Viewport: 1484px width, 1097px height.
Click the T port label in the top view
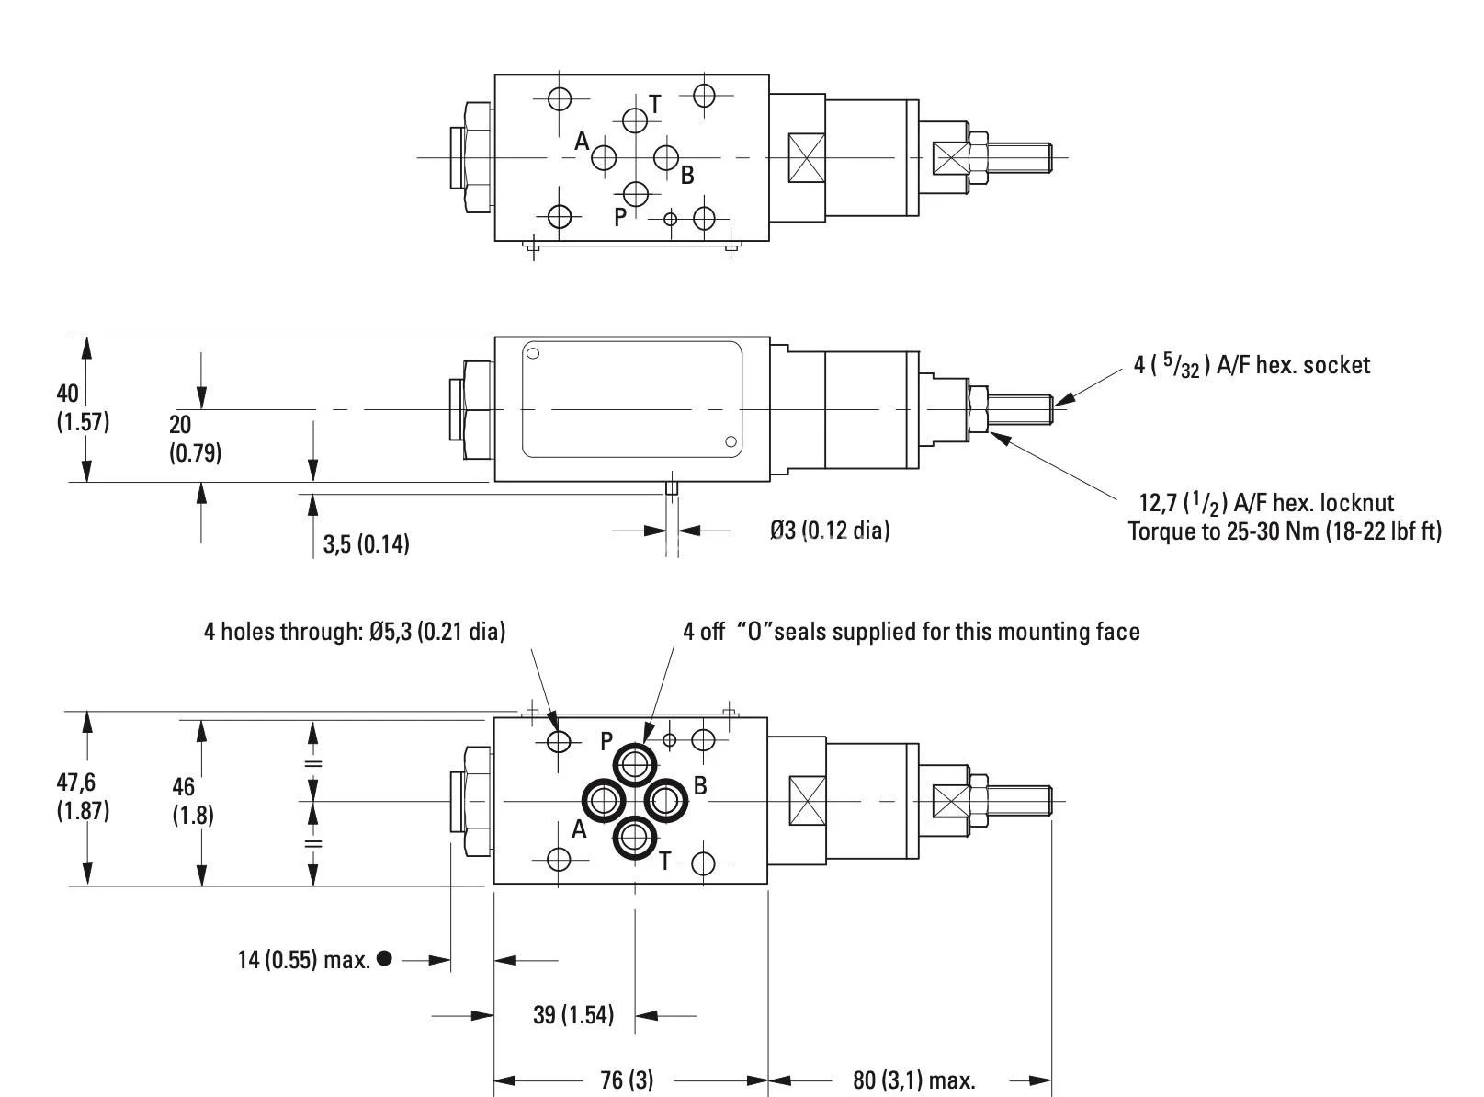coord(655,104)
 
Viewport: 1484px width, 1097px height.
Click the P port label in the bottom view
coord(606,740)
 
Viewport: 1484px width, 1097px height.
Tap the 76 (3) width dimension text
coord(627,1080)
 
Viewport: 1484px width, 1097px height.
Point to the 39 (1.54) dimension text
coord(573,1015)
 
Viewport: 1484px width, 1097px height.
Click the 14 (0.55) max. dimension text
coord(303,960)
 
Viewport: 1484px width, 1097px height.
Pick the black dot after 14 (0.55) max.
coord(384,958)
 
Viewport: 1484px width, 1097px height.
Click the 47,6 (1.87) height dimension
coord(83,796)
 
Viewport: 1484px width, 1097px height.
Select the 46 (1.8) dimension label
coord(193,800)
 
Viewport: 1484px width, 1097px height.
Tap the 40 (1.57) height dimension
coord(83,407)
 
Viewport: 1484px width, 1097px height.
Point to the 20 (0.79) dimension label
coord(195,439)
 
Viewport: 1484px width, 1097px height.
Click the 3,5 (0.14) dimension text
coord(366,544)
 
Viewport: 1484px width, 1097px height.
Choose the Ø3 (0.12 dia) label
coord(830,531)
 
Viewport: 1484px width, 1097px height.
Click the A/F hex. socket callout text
coord(1252,366)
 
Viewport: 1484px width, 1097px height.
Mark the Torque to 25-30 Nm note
coord(1284,531)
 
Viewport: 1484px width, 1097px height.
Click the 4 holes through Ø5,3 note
coord(354,632)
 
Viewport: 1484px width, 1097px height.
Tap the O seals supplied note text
coord(910,632)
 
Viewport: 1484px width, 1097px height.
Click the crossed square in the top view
coord(807,157)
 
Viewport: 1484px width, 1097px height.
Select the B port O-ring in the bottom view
coord(665,800)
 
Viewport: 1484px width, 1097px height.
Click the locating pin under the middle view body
coord(672,487)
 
